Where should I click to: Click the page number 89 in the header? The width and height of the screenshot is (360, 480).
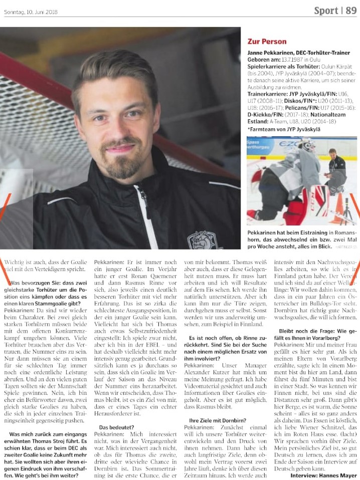click(350, 11)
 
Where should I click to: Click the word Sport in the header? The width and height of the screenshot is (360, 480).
click(326, 11)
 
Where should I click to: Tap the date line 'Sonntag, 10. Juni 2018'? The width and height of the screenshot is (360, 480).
click(31, 12)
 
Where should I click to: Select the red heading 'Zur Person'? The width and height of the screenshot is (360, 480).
click(267, 42)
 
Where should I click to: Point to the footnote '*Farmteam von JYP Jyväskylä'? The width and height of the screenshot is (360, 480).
click(285, 129)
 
